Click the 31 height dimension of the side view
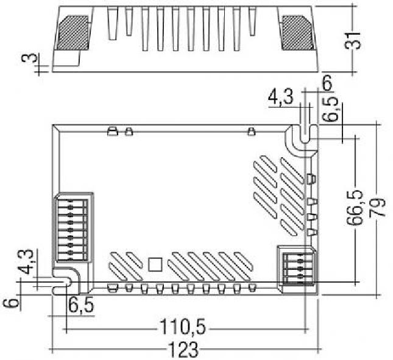tap(352, 41)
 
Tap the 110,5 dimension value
tap(183, 326)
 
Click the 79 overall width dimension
tap(377, 207)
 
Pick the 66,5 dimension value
tap(355, 208)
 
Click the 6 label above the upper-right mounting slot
tap(327, 83)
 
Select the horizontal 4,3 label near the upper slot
tap(280, 97)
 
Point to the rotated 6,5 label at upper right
tap(330, 109)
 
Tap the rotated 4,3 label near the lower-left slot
tap(26, 261)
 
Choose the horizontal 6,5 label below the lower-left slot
tap(81, 305)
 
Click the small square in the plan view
tap(155, 264)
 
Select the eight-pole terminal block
tap(73, 227)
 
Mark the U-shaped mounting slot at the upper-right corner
tap(305, 133)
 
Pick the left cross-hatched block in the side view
tap(73, 33)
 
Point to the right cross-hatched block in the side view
tap(299, 33)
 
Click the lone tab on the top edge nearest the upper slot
tap(252, 132)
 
